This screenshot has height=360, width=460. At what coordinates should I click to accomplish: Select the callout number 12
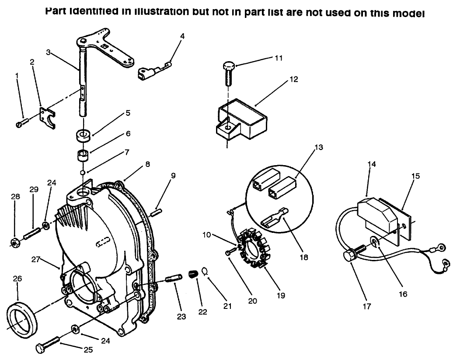click(293, 80)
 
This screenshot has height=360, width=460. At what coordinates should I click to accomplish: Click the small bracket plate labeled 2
click(49, 117)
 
